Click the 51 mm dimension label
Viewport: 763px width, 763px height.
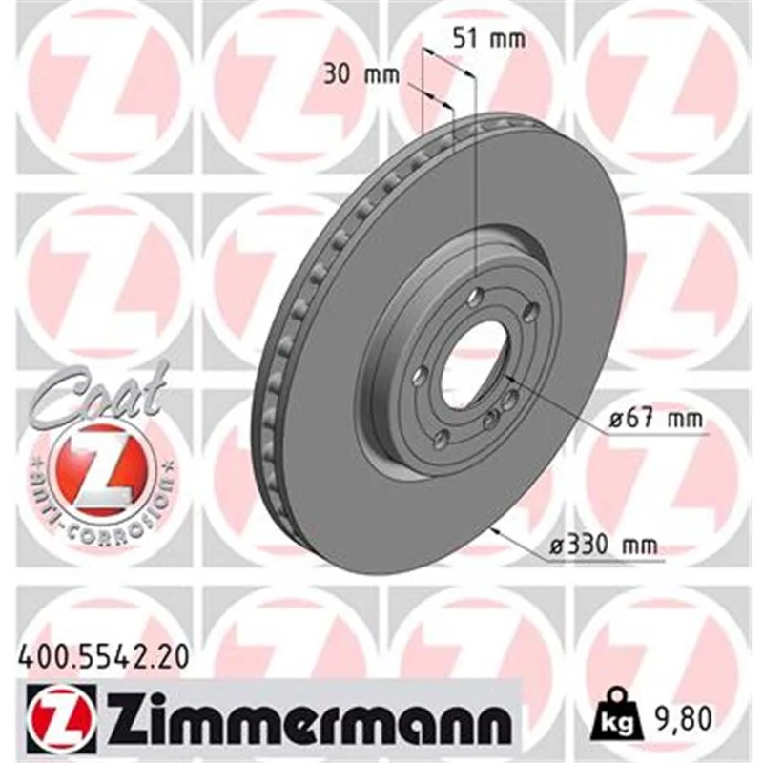[489, 39]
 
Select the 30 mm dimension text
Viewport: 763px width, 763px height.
[361, 75]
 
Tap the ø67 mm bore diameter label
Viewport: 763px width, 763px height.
[656, 419]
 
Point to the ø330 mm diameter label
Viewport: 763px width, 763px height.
[604, 546]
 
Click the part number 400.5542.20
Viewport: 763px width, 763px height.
[103, 657]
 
